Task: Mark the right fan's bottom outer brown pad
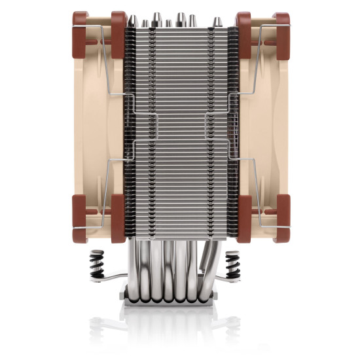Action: point(280,218)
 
